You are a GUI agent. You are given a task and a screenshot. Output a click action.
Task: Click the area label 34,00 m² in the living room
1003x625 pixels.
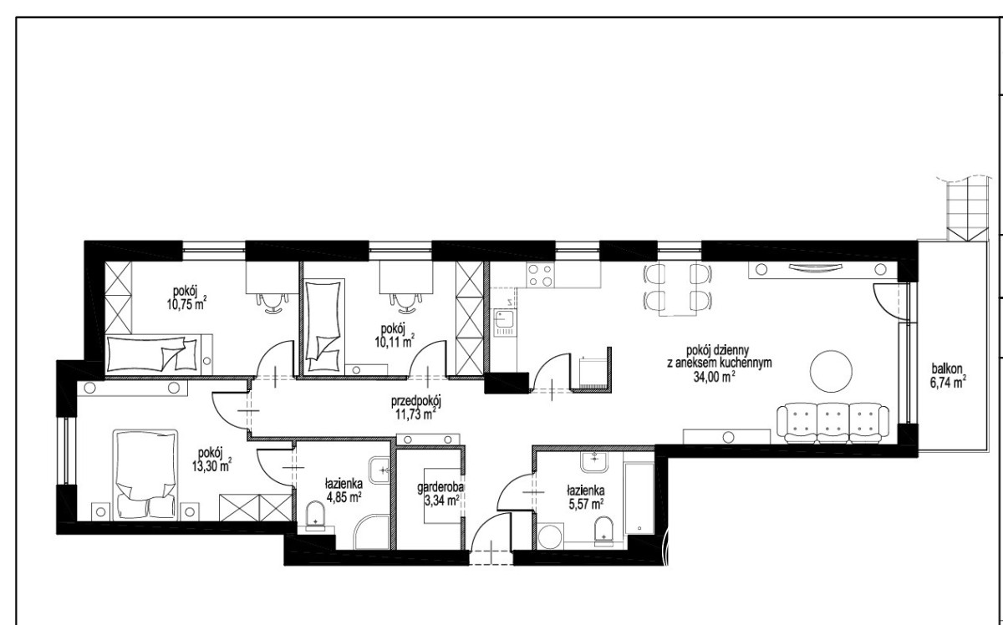click(714, 377)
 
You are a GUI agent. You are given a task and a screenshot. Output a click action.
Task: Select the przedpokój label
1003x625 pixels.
click(416, 402)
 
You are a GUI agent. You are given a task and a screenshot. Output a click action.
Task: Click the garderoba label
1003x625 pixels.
click(440, 488)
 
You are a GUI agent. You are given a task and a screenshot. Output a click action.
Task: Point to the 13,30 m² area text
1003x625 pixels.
click(211, 466)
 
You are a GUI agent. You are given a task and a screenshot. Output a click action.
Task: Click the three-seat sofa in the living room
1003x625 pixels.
click(832, 424)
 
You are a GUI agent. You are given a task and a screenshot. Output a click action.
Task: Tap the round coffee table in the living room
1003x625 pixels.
click(831, 371)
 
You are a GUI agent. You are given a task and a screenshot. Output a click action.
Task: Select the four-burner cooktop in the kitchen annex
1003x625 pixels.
click(540, 274)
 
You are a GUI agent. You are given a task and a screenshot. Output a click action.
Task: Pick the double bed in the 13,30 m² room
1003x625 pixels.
click(145, 475)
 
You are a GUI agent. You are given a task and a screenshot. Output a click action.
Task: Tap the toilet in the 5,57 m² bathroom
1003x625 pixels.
click(603, 531)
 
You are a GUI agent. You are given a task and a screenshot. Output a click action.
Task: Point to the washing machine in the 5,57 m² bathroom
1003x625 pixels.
click(550, 536)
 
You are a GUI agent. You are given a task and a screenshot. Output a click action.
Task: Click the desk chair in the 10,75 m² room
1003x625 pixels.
click(272, 302)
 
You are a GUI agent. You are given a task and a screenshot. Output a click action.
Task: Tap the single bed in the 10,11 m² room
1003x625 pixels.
click(323, 327)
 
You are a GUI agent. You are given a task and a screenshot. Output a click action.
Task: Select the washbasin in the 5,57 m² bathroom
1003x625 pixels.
click(594, 461)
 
